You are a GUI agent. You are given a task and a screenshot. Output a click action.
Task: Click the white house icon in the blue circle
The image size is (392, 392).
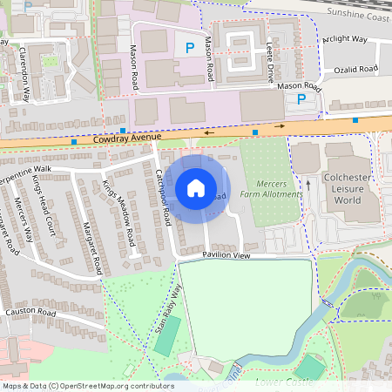196,187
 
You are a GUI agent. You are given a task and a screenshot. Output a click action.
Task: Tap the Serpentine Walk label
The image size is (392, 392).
24,167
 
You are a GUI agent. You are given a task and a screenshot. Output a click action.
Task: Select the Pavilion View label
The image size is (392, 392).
226,255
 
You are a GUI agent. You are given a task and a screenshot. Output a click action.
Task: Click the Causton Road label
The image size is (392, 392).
30,312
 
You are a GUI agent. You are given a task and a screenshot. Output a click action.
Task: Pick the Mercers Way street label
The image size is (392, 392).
24,217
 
